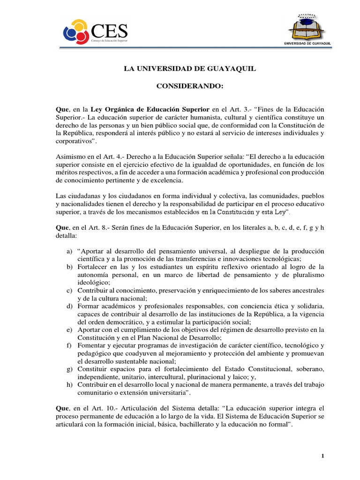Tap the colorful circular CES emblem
pos(75,32)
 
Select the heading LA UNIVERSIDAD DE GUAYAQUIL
pos(190,69)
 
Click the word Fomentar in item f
pos(93,345)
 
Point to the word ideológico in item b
pos(93,283)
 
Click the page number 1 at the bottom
pos(323,456)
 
